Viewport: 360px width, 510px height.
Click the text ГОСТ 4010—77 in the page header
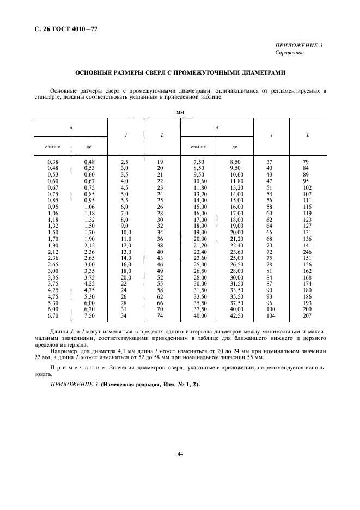[78, 29]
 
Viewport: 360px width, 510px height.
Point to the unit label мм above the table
[180, 111]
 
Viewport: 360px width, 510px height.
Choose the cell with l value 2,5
[124, 162]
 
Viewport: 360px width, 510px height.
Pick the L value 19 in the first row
[160, 162]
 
